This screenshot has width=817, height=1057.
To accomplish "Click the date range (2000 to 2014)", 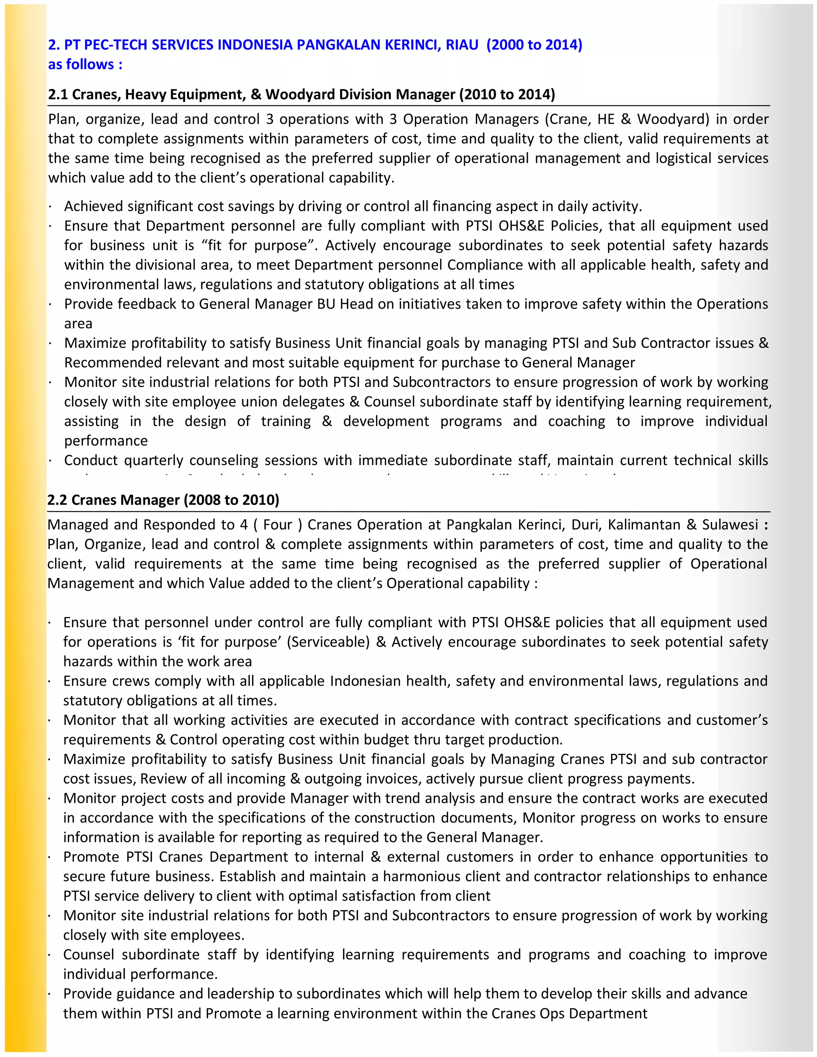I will coord(534,45).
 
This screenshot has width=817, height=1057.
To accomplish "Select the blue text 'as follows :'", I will coord(85,64).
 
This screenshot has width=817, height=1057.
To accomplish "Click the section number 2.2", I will coord(57,499).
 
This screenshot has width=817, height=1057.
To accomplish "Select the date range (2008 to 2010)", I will coord(231,499).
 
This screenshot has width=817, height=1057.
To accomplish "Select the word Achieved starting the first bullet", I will coord(93,206).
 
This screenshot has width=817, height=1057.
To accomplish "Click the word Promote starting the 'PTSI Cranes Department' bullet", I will coord(91,857).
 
